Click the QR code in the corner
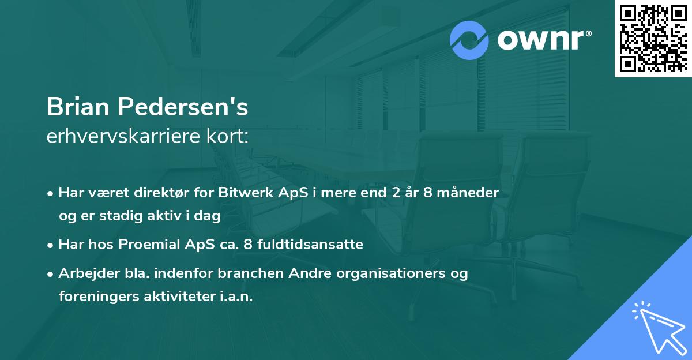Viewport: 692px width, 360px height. [x=653, y=39]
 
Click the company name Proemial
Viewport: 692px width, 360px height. [x=151, y=245]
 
